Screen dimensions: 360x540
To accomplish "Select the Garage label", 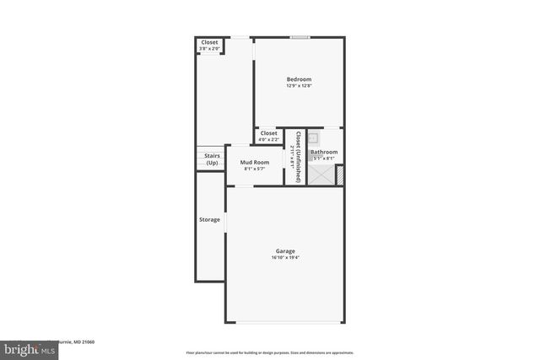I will pyautogui.click(x=285, y=250).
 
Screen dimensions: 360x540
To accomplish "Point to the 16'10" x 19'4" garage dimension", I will pyautogui.click(x=285, y=257).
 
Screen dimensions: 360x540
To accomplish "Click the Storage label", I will pyautogui.click(x=209, y=220).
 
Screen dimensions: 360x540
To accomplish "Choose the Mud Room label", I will pyautogui.click(x=255, y=162).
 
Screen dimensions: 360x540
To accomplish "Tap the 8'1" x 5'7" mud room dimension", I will pyautogui.click(x=255, y=169).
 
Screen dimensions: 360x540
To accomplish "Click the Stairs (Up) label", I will pyautogui.click(x=213, y=159).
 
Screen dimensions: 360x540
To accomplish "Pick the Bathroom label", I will pyautogui.click(x=324, y=152).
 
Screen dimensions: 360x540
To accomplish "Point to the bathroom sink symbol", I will pyautogui.click(x=313, y=137).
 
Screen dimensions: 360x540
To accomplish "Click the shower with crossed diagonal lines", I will pyautogui.click(x=321, y=173).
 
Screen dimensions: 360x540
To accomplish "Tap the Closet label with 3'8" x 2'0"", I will pyautogui.click(x=209, y=42).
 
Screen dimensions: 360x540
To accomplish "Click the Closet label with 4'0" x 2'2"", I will pyautogui.click(x=268, y=133).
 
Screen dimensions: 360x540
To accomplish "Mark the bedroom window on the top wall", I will pyautogui.click(x=300, y=36).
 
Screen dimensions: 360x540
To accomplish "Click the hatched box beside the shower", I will pyautogui.click(x=340, y=175).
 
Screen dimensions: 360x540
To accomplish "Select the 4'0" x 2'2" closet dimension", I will pyautogui.click(x=268, y=140).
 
